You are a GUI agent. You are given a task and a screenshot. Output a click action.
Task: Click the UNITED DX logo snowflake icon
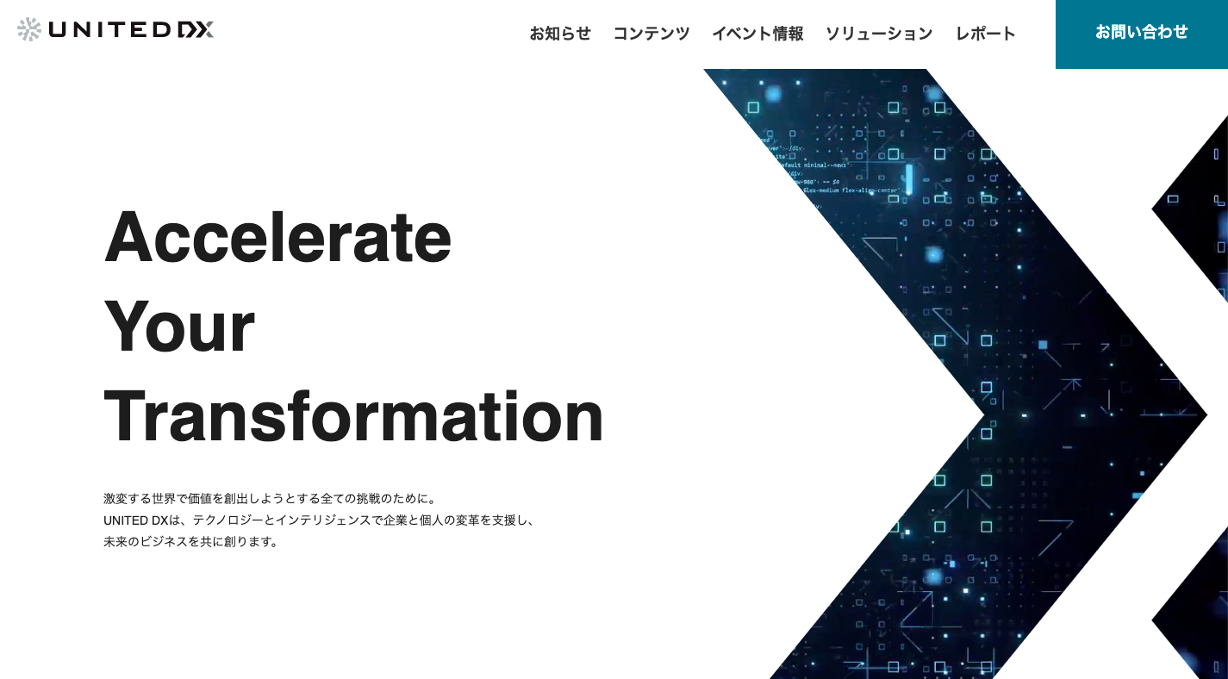(29, 29)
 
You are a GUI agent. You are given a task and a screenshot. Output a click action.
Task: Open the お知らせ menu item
(560, 34)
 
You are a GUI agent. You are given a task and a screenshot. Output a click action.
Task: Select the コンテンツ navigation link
(651, 34)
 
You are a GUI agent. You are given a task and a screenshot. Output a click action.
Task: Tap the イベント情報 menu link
(757, 34)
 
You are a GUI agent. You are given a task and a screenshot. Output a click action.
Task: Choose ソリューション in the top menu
(879, 34)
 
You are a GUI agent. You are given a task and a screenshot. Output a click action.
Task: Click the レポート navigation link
(986, 34)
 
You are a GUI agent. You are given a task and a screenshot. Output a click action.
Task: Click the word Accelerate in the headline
(277, 236)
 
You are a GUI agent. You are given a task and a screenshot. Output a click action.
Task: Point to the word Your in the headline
(179, 327)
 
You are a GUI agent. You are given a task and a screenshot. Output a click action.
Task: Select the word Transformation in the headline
(353, 417)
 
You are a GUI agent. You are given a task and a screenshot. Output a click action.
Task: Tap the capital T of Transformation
(125, 417)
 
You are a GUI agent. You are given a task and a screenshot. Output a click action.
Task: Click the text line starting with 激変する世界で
(271, 498)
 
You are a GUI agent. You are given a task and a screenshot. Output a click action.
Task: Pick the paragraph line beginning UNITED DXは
(319, 520)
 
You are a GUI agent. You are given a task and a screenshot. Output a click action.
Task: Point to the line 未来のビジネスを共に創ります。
(190, 542)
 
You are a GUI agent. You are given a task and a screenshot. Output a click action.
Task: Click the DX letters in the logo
(195, 30)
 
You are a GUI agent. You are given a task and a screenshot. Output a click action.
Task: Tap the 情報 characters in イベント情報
(789, 34)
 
